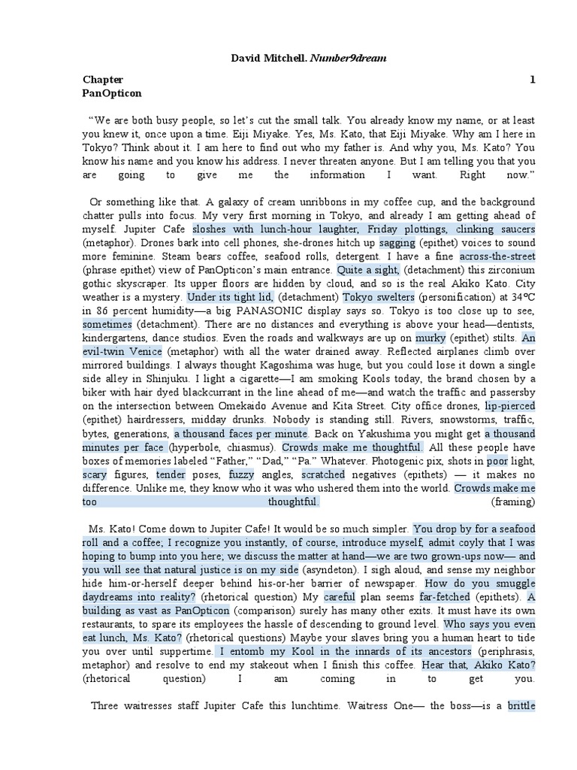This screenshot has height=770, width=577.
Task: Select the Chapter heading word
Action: coord(103,80)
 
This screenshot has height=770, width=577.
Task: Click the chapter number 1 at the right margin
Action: coord(532,80)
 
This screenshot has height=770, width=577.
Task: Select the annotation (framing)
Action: coord(513,502)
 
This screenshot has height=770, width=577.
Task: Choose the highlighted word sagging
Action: coord(396,243)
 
